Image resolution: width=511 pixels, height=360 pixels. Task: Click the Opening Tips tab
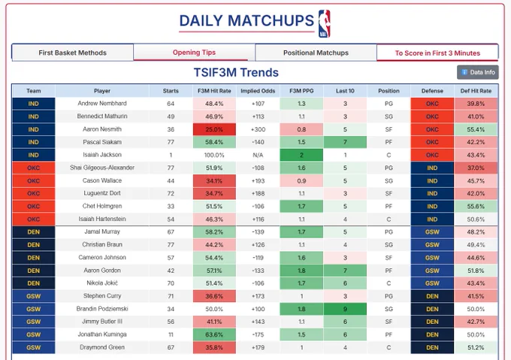click(194, 53)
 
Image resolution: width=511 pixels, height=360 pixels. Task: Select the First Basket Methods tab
click(72, 53)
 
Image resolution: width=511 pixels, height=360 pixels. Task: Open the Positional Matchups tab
click(316, 53)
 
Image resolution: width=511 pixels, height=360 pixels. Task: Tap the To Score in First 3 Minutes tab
click(437, 53)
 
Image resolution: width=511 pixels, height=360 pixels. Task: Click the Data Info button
click(478, 72)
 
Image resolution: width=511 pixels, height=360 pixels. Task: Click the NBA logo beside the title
click(325, 23)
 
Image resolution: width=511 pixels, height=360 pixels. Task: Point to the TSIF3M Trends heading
click(236, 72)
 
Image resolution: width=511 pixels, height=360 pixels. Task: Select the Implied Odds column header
click(258, 91)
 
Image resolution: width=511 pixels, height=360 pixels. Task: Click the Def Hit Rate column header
click(476, 91)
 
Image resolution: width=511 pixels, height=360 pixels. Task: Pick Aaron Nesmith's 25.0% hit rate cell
click(214, 129)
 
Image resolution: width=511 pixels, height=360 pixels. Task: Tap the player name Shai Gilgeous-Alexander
click(102, 168)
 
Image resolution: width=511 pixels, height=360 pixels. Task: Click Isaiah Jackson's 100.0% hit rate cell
click(214, 155)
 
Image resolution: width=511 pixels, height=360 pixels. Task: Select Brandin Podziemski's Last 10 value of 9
click(345, 309)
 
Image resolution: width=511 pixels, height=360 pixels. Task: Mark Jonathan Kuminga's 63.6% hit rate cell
click(214, 334)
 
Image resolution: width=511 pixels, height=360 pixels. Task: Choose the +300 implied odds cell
click(258, 129)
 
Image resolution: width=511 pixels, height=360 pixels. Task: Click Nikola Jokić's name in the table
click(102, 283)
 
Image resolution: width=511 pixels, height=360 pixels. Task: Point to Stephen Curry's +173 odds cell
click(258, 296)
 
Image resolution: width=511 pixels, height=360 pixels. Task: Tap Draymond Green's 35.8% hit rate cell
click(214, 347)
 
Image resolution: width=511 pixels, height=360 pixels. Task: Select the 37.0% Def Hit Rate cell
click(476, 168)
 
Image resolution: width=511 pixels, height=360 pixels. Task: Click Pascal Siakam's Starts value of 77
click(171, 142)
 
